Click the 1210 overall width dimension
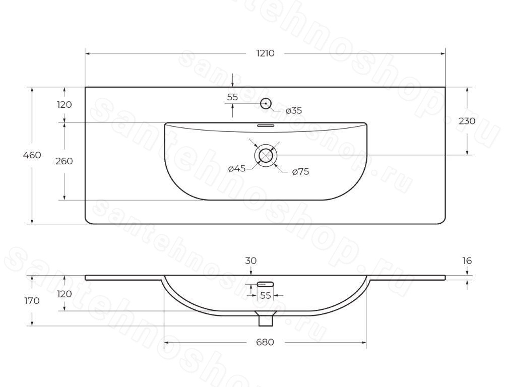pos(265,53)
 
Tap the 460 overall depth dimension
pos(32,155)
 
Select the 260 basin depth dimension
pos(64,161)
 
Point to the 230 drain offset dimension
pos(467,121)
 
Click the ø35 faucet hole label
pos(294,110)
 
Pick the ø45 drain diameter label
pos(237,168)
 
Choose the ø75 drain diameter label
pos(300,171)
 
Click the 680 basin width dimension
pos(265,342)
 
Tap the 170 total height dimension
pos(32,301)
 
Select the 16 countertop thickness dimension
pos(467,261)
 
